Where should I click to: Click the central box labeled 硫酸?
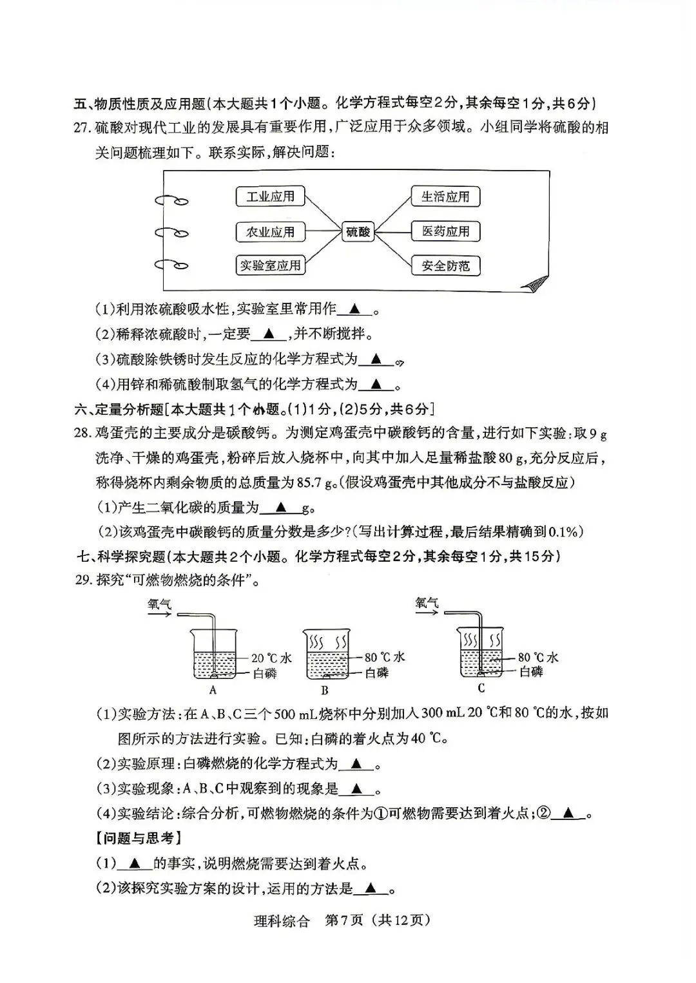(x=358, y=231)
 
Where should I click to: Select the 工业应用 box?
(x=270, y=197)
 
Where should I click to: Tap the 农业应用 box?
(x=270, y=232)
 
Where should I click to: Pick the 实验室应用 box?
(x=270, y=265)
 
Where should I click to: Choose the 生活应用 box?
(x=445, y=196)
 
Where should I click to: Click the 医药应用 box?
(x=445, y=231)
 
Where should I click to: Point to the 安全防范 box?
(x=445, y=265)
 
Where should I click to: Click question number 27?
(x=82, y=127)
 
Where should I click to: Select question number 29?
(x=82, y=580)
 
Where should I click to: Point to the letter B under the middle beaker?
(x=325, y=691)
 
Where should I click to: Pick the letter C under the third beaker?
(x=481, y=688)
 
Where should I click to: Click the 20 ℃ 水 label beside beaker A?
(x=271, y=658)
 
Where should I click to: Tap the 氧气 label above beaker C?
(x=427, y=602)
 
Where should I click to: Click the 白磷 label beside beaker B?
(x=376, y=673)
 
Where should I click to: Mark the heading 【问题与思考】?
(x=137, y=837)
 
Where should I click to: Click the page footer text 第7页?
(x=345, y=920)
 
